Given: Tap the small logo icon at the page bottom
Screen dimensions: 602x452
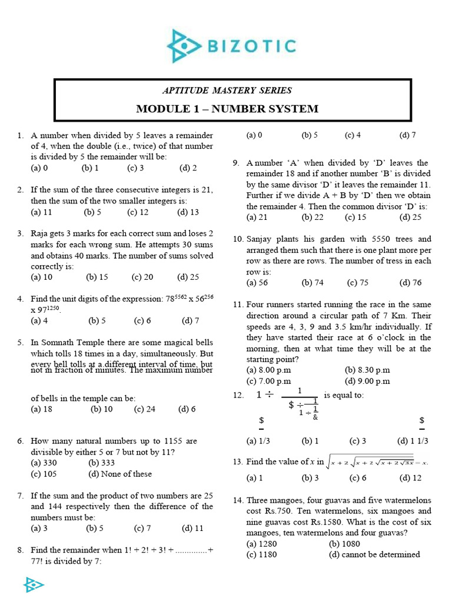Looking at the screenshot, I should pos(33,584).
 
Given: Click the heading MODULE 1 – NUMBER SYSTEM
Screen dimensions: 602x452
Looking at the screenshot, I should pos(227,109).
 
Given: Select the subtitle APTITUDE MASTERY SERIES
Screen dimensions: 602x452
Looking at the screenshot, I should pos(227,90).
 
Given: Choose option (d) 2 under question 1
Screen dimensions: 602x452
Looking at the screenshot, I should pos(188,168).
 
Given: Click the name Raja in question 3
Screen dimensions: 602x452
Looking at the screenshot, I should pos(41,233).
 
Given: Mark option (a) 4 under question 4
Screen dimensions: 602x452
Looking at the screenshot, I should pos(39,320).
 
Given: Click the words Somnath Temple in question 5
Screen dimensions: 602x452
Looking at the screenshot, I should pos(78,342).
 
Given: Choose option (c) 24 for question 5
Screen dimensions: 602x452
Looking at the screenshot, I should pos(144,409).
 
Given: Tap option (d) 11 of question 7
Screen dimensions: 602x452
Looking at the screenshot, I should pos(192,528).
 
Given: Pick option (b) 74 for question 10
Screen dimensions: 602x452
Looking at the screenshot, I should pos(313,282).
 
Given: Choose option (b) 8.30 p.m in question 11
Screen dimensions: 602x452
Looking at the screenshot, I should pos(367,370).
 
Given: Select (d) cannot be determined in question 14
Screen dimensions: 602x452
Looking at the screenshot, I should pos(374,554).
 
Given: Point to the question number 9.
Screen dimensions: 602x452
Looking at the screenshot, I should pos(236,163).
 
